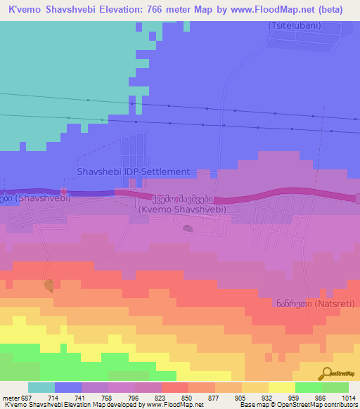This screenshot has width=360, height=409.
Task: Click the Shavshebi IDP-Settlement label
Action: (133, 171)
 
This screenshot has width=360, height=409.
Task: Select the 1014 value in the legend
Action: (347, 397)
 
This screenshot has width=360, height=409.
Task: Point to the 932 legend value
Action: (257, 397)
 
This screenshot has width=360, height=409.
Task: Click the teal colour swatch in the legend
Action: (41, 387)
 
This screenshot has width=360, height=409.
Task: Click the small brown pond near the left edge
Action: (49, 285)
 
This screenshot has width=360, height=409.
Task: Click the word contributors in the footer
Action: (340, 405)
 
